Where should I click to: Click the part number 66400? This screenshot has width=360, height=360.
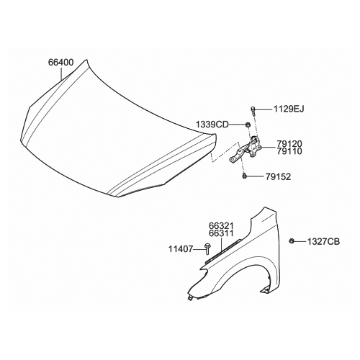pyautogui.click(x=61, y=63)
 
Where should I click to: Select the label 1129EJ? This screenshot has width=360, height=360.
pyautogui.click(x=289, y=109)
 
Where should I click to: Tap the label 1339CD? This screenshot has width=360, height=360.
pyautogui.click(x=212, y=125)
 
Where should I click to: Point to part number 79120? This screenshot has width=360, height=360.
pyautogui.click(x=289, y=144)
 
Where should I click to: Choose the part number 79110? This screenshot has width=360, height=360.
pyautogui.click(x=289, y=151)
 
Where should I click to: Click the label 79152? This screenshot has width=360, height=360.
pyautogui.click(x=278, y=177)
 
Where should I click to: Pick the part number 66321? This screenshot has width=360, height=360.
pyautogui.click(x=221, y=226)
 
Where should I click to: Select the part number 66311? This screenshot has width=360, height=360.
pyautogui.click(x=221, y=233)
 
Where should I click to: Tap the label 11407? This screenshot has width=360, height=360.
pyautogui.click(x=181, y=249)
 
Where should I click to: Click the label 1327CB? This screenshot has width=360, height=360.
pyautogui.click(x=324, y=241)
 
